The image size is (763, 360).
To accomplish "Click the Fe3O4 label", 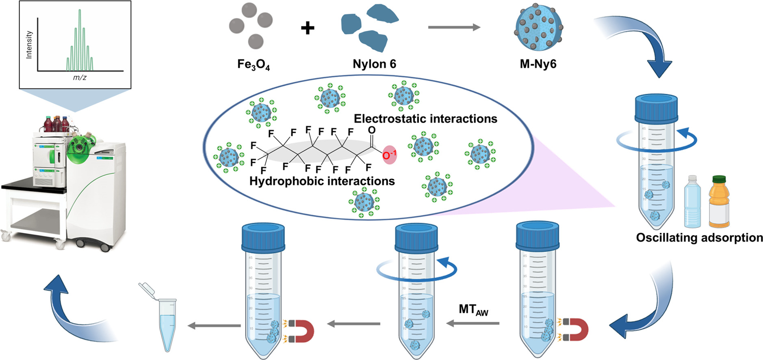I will point(254,65).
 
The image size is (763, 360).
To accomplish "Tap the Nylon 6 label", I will point(374,64).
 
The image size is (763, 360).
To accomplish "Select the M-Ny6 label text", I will point(538,64).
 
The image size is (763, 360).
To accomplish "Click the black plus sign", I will point(308,28).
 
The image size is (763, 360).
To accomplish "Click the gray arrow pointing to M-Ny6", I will point(454,27).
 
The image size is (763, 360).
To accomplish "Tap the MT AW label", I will point(473,310).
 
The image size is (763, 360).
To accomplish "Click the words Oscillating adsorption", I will point(699,238).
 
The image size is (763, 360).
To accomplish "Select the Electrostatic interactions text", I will point(425,119).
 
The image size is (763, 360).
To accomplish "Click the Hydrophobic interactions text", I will point(322,181).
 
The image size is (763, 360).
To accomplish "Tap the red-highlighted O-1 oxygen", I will point(389,155).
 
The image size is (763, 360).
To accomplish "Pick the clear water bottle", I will point(692,202).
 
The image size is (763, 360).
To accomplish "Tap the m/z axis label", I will point(80,77).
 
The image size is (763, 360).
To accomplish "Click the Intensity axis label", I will point(29,45).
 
